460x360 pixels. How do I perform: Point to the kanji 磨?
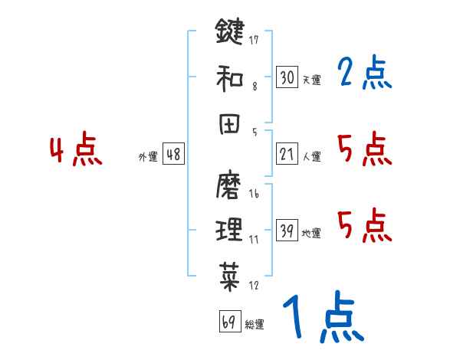pyautogui.click(x=229, y=186)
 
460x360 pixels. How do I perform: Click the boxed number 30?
pyautogui.click(x=287, y=77)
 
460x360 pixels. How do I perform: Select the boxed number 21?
pyautogui.click(x=287, y=154)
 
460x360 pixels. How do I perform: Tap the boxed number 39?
pyautogui.click(x=287, y=231)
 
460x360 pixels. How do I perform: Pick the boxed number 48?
pyautogui.click(x=173, y=154)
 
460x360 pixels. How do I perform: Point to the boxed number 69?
pyautogui.click(x=228, y=322)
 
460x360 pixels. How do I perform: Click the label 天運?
pyautogui.click(x=312, y=80)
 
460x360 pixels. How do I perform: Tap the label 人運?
pyautogui.click(x=312, y=156)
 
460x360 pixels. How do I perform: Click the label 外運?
pyautogui.click(x=148, y=156)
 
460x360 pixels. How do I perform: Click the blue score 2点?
pyautogui.click(x=364, y=74)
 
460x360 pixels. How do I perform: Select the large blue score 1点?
pyautogui.click(x=323, y=318)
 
